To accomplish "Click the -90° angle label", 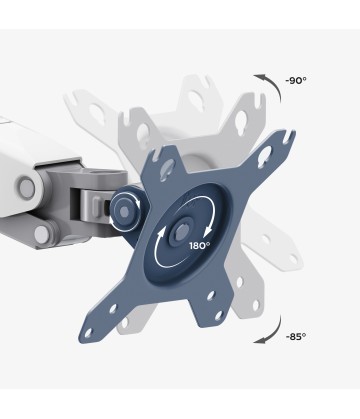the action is pyautogui.click(x=296, y=81).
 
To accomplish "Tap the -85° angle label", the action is pyautogui.click(x=296, y=337).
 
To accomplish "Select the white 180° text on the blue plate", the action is pyautogui.click(x=200, y=246).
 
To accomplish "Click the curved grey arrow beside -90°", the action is pyautogui.click(x=273, y=85).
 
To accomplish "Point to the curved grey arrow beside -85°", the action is pyautogui.click(x=273, y=332).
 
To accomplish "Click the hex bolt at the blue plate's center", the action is pyautogui.click(x=182, y=231).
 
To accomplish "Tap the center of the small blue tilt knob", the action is pyautogui.click(x=123, y=211).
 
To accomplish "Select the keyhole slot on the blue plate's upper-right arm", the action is pyautogui.click(x=265, y=156).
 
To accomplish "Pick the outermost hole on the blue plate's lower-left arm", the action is pyautogui.click(x=89, y=332).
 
